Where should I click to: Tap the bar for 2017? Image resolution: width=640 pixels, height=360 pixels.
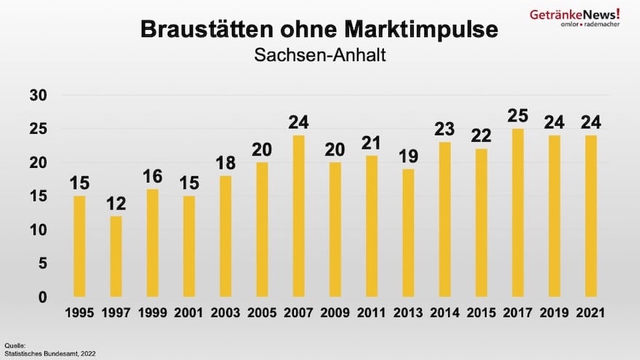point(519,212)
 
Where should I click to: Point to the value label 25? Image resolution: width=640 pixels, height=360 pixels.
point(519,115)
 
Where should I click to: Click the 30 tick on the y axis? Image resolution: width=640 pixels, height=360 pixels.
point(39,95)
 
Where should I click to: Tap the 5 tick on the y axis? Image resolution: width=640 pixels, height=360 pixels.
point(43,263)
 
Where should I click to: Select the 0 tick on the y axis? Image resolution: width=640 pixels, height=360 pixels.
point(43,297)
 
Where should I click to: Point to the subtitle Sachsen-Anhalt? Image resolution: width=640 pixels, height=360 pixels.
point(319,55)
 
